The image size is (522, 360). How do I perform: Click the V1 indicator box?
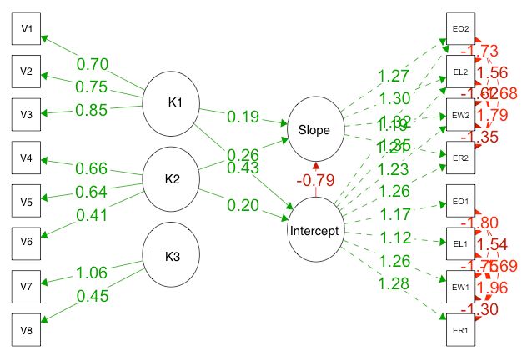27,30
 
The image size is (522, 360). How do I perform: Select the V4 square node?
27,157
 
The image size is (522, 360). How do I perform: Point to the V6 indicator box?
27,242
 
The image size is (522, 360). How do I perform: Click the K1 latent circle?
173,103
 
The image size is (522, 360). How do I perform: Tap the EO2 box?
460,30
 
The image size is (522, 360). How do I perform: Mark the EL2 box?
460,72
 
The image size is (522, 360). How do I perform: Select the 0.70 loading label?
93,64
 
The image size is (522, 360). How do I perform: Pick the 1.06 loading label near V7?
93,272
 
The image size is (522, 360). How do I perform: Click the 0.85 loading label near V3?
93,108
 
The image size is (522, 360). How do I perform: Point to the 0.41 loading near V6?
93,215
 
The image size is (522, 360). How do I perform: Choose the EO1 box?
460,200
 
